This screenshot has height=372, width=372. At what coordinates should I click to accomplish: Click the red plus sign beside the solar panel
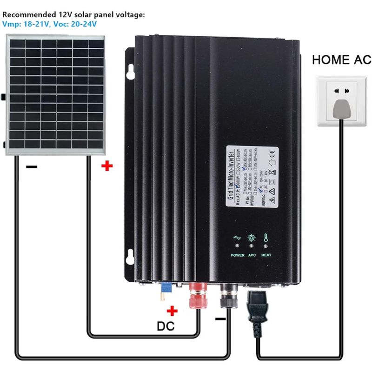[107, 166]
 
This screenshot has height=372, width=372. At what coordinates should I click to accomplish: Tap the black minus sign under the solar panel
[32, 166]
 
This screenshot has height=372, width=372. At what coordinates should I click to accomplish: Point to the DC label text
[165, 325]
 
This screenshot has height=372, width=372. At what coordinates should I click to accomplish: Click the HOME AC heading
[342, 60]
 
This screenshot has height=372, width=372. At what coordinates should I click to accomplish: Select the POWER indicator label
[237, 255]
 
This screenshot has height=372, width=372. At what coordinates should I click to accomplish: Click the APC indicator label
[252, 255]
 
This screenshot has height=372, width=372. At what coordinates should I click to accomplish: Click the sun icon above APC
[252, 237]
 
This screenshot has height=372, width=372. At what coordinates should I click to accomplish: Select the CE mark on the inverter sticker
[273, 152]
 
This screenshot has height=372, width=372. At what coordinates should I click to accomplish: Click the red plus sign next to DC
[173, 311]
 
